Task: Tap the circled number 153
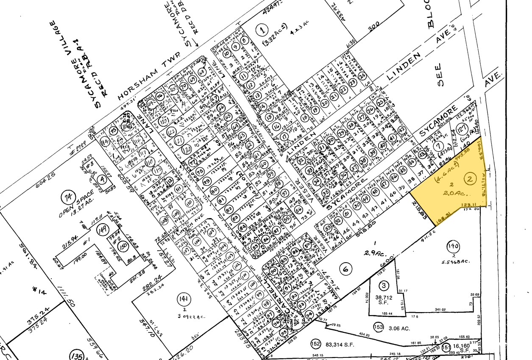click(x=379, y=327)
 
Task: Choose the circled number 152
click(x=315, y=343)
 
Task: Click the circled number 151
click(x=446, y=347)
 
